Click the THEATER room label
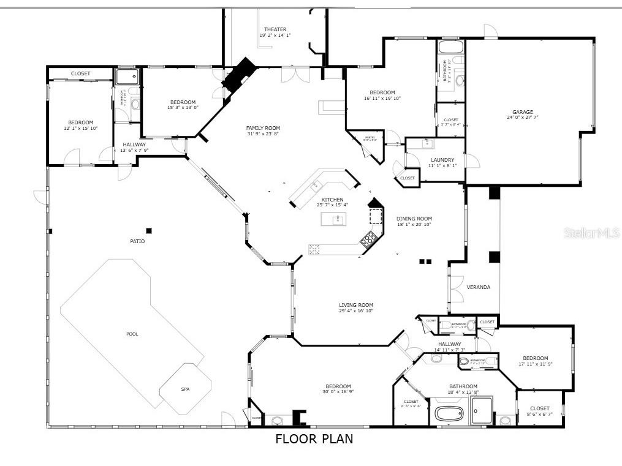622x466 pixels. (275, 29)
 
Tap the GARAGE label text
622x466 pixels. (523, 112)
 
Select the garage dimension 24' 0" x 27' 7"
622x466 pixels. (523, 118)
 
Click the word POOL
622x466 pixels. (132, 334)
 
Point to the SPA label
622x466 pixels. (185, 389)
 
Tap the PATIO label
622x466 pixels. (137, 241)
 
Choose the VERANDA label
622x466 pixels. (479, 287)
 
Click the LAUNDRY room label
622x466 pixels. (442, 160)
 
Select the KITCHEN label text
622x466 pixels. (333, 200)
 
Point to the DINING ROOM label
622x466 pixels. (414, 219)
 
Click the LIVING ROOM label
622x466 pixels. (356, 305)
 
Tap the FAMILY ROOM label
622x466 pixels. (263, 128)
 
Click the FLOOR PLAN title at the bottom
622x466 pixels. (314, 439)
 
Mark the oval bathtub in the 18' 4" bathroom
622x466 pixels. (450, 413)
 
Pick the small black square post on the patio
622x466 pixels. (148, 231)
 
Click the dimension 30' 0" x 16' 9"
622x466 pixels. (338, 392)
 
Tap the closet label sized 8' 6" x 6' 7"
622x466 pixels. (540, 408)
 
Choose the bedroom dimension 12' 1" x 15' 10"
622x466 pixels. (81, 128)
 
